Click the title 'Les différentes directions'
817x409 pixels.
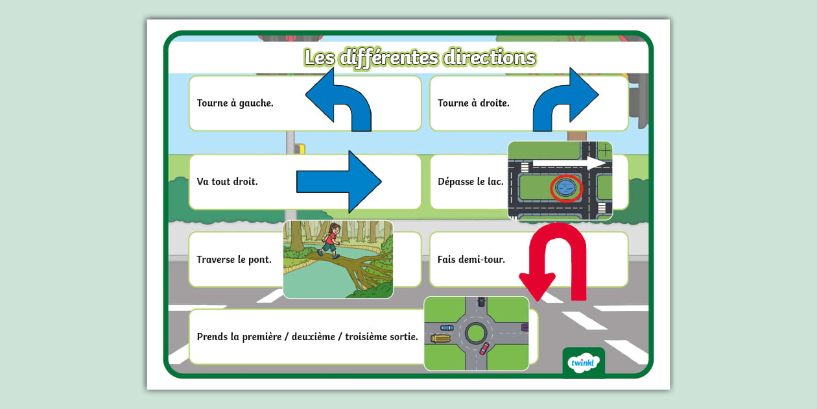tap(420, 58)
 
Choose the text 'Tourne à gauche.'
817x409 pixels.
tap(235, 103)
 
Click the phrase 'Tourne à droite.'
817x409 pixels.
tap(473, 103)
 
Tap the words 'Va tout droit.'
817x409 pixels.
tap(227, 182)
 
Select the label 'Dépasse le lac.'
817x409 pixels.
tap(470, 182)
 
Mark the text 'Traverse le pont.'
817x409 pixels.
tap(234, 260)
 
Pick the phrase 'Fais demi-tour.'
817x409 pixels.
tap(471, 260)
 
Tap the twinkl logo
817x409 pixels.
tap(583, 363)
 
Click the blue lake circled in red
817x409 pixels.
tap(567, 188)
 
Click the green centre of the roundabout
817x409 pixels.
tap(476, 333)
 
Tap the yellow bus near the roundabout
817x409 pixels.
tap(441, 338)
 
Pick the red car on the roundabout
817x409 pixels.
tap(484, 349)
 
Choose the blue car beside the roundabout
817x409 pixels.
tap(447, 328)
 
